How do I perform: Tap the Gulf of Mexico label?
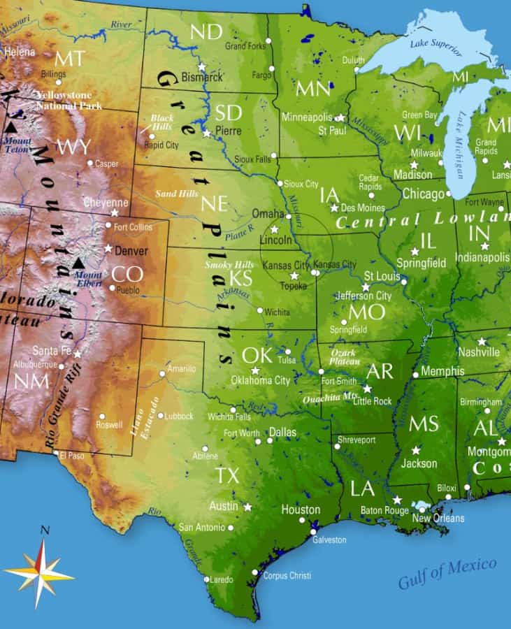click(447, 572)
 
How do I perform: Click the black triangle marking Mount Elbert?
click(78, 263)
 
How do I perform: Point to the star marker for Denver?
click(108, 248)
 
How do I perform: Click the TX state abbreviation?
click(226, 476)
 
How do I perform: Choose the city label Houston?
click(301, 509)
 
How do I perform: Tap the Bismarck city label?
click(201, 77)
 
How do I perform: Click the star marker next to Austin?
click(247, 506)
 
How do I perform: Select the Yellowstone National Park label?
click(69, 100)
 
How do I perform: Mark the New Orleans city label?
click(438, 518)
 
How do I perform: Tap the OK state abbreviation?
click(257, 355)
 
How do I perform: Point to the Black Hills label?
click(161, 122)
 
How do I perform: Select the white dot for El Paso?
click(56, 452)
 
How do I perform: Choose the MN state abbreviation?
click(313, 88)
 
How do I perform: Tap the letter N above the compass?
click(45, 530)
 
